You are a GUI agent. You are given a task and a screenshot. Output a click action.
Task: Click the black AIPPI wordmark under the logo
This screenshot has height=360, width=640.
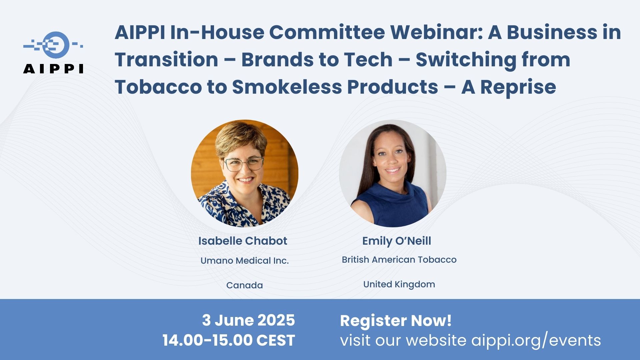[x=53, y=69]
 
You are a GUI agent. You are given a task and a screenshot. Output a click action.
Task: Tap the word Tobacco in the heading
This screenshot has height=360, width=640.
[x=158, y=87]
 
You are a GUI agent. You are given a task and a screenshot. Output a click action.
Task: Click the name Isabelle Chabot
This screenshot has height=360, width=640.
[x=243, y=241]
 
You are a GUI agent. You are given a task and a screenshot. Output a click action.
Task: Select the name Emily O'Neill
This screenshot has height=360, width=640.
[x=397, y=241]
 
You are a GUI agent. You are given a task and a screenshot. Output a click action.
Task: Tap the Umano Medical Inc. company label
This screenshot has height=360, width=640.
[x=245, y=261]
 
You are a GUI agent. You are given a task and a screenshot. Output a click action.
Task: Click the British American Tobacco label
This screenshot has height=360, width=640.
[x=399, y=260]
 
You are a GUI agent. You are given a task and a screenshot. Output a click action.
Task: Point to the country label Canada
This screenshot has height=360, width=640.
[x=245, y=285]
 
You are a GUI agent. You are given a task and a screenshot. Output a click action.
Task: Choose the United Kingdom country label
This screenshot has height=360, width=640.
[x=399, y=284]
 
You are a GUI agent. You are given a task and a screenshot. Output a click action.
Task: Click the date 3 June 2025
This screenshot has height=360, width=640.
[x=248, y=320]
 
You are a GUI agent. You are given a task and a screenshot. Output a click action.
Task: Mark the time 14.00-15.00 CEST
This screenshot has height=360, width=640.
[x=229, y=340]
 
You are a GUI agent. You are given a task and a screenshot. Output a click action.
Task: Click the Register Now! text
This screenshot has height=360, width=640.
[x=396, y=321]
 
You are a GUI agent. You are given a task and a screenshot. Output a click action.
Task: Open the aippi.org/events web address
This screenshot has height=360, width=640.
[x=536, y=341]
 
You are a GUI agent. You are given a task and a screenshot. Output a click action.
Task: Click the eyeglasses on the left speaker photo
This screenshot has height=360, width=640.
[x=244, y=163]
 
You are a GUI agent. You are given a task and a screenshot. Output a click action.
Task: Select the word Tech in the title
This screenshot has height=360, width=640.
[x=368, y=60]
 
